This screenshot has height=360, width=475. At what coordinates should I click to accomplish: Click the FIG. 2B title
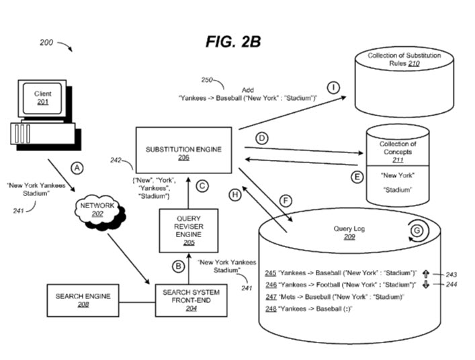[x=233, y=42]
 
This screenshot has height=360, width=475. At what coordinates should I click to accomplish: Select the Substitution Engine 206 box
[x=183, y=148]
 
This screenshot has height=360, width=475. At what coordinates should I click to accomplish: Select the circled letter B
[x=179, y=266]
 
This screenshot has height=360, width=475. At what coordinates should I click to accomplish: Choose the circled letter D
[x=262, y=137]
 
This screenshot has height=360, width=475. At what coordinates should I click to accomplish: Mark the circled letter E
[x=358, y=178]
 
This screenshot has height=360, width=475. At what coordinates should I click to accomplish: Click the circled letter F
[x=286, y=199]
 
